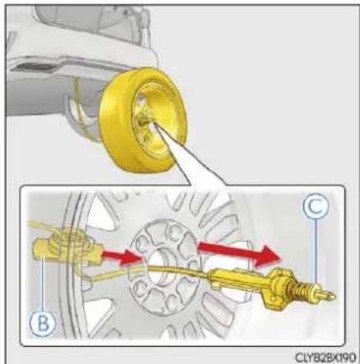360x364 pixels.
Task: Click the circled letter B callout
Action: click(44, 323)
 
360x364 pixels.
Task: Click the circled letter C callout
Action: click(315, 206)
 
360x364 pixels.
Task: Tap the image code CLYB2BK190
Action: click(326, 357)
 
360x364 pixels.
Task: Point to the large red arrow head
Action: click(267, 256)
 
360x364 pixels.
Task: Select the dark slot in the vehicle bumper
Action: click(34, 67)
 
